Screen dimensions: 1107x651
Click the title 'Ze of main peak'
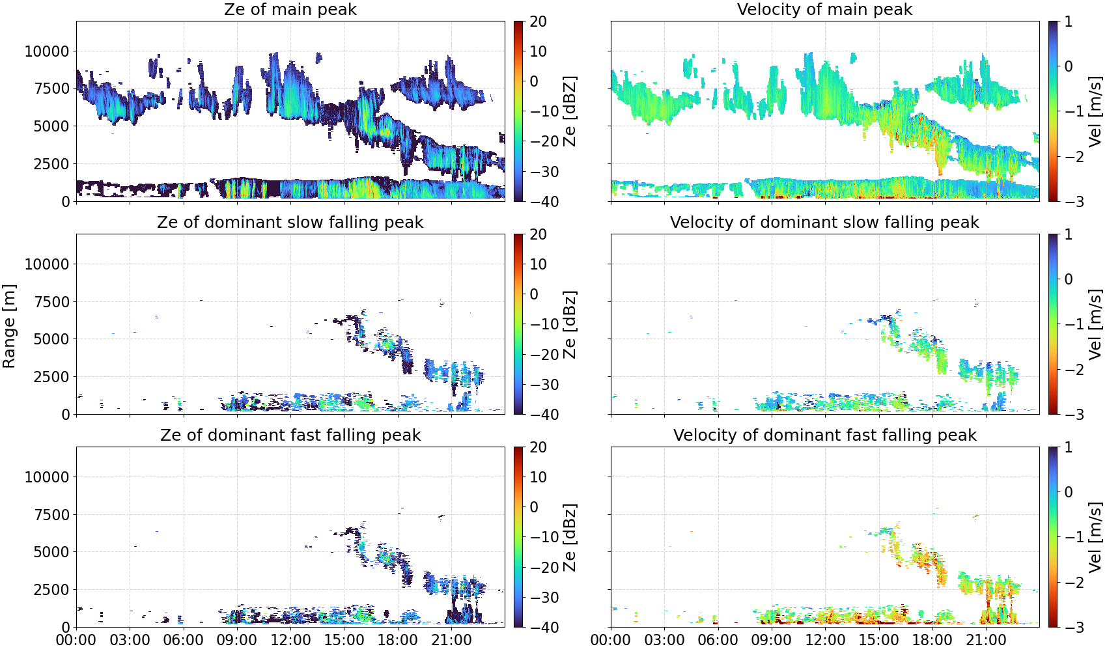[290, 10]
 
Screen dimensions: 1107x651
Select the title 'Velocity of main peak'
[825, 10]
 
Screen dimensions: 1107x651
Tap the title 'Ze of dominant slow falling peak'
[290, 223]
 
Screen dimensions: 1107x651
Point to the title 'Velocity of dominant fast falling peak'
[825, 436]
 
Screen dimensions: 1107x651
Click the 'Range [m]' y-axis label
[9, 326]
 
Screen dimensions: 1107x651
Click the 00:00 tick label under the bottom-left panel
[76, 640]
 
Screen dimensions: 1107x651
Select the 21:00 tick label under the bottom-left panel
[451, 640]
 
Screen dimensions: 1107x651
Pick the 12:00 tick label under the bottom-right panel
[825, 640]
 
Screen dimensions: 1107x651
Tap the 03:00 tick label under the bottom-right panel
[665, 640]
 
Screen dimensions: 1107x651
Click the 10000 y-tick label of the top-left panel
[47, 51]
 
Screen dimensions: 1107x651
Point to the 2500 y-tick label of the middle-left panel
[51, 377]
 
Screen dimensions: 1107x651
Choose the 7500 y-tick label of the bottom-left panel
[51, 515]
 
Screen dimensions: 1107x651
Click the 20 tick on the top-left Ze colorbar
[538, 21]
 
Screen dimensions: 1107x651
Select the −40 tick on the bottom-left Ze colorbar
[542, 628]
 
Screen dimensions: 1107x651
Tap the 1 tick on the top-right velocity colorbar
[1068, 21]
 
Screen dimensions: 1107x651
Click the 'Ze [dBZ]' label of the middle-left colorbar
[570, 324]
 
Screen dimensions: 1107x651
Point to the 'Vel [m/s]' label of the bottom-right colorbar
[1095, 537]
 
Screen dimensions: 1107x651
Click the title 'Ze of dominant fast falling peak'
[290, 436]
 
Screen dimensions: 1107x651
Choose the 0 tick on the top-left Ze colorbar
[534, 81]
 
